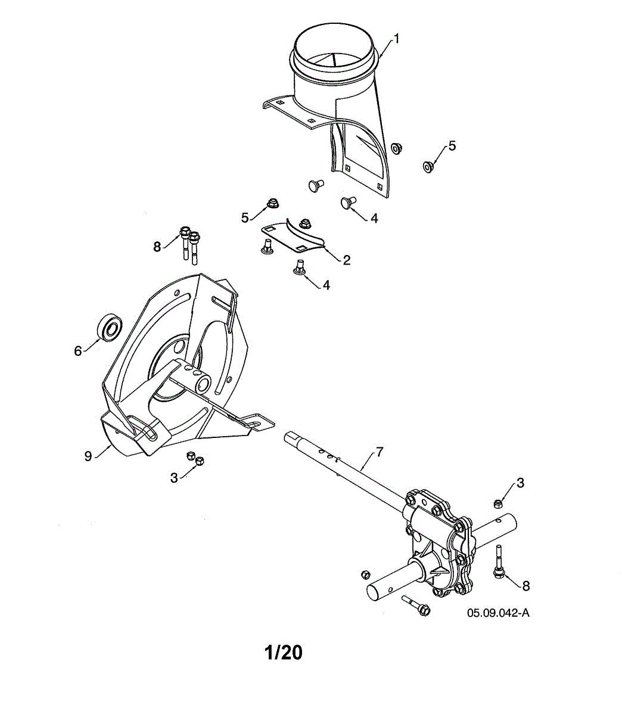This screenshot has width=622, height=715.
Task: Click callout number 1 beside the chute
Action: click(x=397, y=39)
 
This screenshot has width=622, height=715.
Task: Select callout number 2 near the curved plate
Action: click(x=346, y=260)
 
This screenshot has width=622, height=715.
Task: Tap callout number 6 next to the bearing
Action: click(x=78, y=351)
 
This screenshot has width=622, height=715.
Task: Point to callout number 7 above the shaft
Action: click(x=380, y=453)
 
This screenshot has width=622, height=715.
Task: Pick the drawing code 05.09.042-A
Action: click(x=498, y=613)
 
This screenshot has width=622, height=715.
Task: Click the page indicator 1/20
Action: click(x=283, y=652)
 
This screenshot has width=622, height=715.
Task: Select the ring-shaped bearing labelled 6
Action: click(x=109, y=328)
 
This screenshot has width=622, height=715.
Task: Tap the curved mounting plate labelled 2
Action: click(x=295, y=237)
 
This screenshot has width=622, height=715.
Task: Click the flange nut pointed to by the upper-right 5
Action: click(x=427, y=166)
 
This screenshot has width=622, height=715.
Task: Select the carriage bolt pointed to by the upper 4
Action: click(x=348, y=204)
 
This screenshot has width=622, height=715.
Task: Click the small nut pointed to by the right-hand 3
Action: click(x=498, y=504)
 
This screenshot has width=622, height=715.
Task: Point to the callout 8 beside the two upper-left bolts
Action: click(x=157, y=247)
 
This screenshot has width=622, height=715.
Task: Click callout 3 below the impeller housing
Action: click(x=174, y=477)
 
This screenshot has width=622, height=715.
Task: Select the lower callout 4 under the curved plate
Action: click(x=326, y=285)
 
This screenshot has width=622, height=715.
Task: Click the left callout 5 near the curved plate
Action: click(x=245, y=217)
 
